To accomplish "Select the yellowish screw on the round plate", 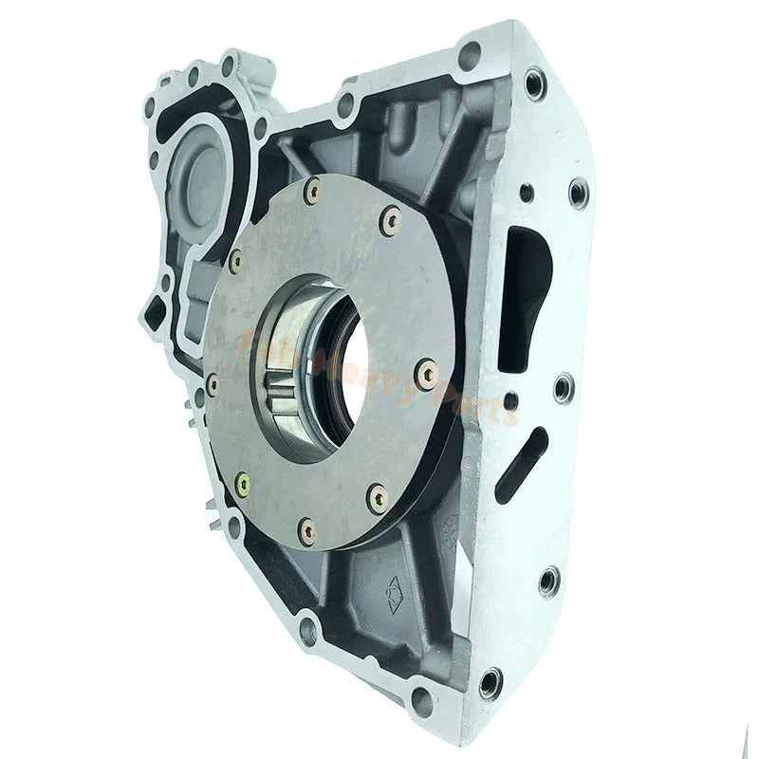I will (x=243, y=485).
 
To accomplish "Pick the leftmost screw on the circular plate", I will (x=213, y=384).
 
